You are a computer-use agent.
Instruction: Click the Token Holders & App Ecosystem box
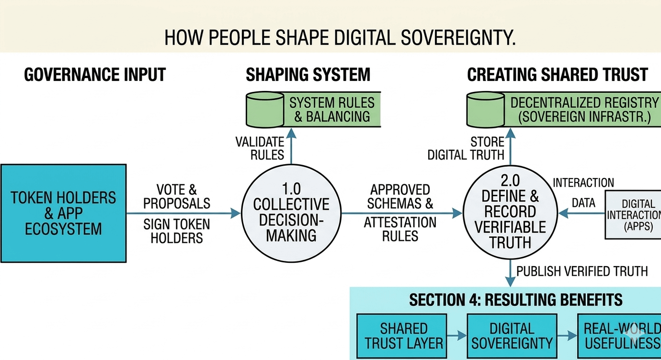tap(63, 213)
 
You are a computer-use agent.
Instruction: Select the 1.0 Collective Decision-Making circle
tap(291, 212)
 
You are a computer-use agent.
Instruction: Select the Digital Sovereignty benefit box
tap(512, 336)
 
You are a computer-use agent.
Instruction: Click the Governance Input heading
tap(94, 75)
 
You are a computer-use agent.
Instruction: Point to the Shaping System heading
tap(308, 75)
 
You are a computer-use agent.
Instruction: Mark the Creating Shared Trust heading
tap(557, 75)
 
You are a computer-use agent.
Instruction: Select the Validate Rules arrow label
tap(260, 148)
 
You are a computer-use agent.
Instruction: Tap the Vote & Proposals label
tap(177, 196)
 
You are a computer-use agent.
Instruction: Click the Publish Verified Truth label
tap(582, 271)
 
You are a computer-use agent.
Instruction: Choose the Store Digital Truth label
tap(466, 148)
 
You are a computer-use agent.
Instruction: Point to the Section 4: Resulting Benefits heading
tap(515, 300)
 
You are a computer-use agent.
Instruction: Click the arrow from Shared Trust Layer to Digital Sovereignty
tap(457, 336)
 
